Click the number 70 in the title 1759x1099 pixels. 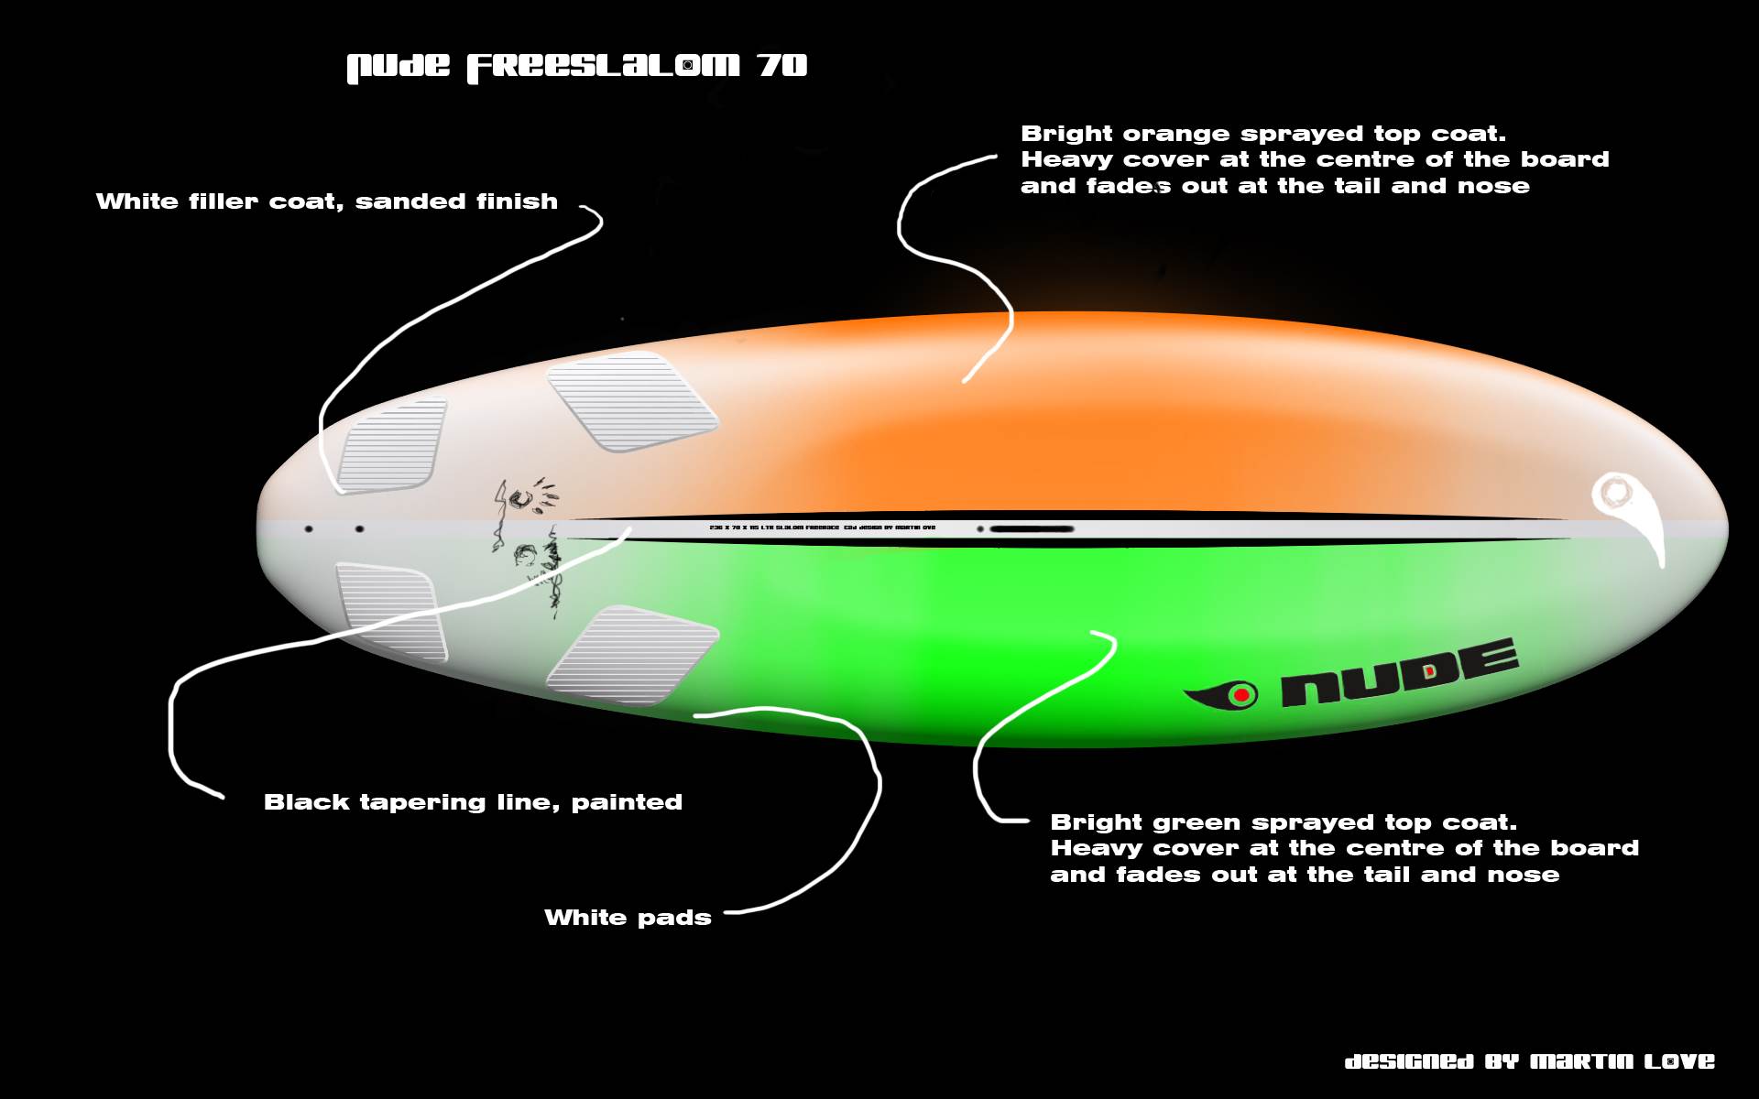click(x=781, y=66)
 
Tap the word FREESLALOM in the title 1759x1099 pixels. click(x=603, y=67)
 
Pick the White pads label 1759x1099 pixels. click(x=628, y=918)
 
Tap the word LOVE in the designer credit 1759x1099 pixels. click(x=1678, y=1061)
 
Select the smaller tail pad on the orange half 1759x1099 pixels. click(x=392, y=444)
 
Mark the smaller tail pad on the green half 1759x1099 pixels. click(x=391, y=611)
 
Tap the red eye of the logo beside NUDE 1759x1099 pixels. click(x=1241, y=695)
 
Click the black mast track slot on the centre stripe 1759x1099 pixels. click(x=1031, y=528)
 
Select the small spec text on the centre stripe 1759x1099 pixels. click(x=822, y=528)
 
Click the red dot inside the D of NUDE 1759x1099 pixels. click(x=1430, y=672)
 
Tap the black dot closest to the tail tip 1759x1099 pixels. click(x=309, y=529)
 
